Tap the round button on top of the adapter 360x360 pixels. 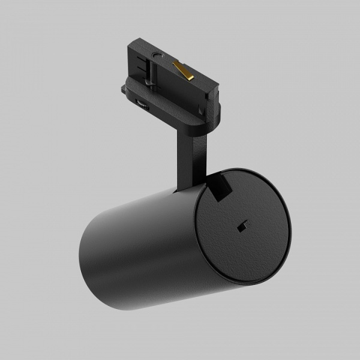tap(158, 56)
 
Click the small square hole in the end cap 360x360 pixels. tap(244, 225)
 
